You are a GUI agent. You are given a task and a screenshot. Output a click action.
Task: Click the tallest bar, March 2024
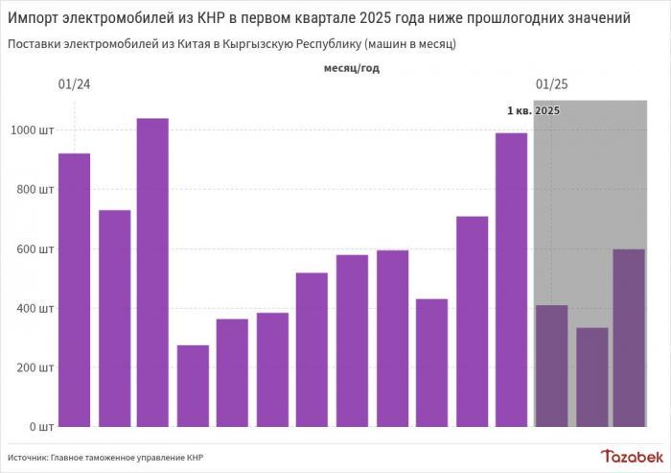(153, 272)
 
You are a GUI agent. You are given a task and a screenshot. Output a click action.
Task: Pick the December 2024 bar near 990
(512, 279)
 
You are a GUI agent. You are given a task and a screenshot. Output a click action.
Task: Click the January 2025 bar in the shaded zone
(551, 366)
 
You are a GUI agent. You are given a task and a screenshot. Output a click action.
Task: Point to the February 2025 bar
(591, 377)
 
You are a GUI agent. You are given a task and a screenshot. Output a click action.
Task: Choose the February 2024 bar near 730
(114, 318)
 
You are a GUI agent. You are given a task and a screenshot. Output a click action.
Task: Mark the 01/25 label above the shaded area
(551, 84)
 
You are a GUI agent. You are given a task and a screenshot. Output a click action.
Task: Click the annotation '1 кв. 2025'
(533, 111)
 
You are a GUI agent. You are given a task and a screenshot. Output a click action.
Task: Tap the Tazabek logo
(631, 456)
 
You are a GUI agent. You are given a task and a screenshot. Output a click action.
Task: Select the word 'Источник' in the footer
(30, 457)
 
